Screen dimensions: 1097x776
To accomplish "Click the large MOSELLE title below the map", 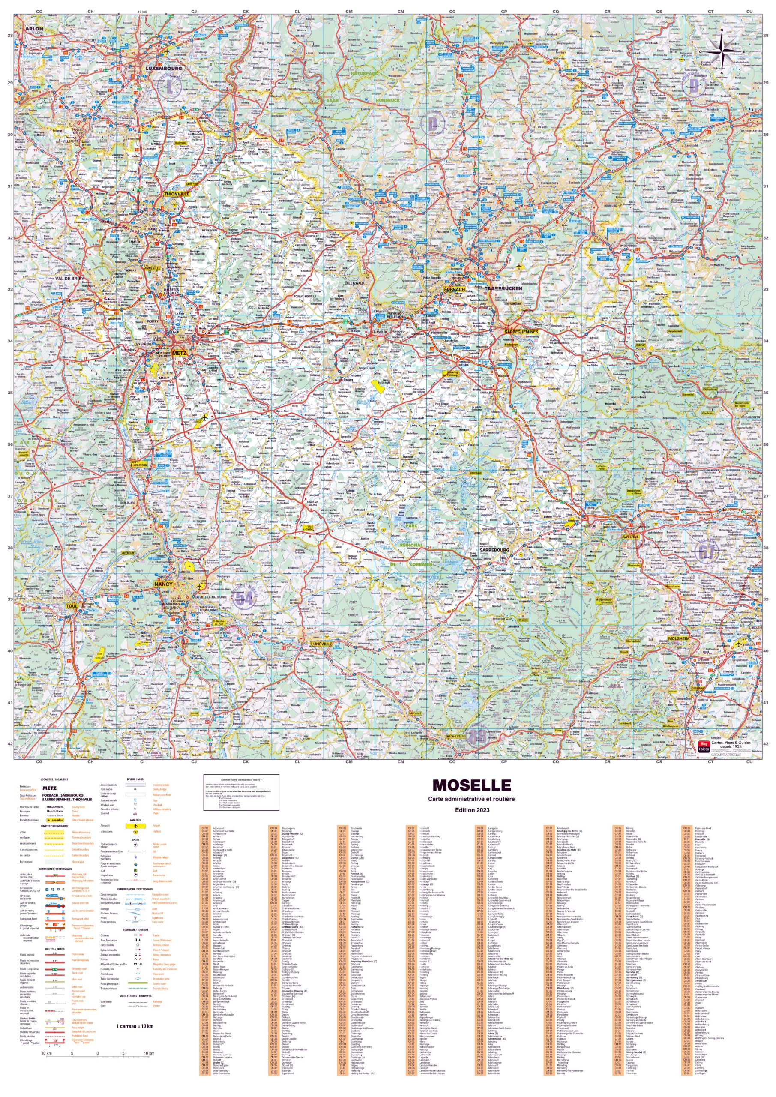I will click(472, 785).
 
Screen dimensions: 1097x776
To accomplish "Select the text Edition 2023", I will click(472, 810).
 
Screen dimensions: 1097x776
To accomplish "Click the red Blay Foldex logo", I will click(703, 747).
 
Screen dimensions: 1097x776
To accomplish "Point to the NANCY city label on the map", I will click(163, 584).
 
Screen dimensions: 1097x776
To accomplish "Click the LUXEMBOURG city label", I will click(164, 68).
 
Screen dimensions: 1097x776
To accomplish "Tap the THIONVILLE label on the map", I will click(176, 194).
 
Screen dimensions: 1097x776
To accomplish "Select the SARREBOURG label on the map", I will click(494, 550).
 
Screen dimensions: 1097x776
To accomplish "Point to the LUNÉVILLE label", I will click(321, 644).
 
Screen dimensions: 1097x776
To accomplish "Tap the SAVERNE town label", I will click(630, 536).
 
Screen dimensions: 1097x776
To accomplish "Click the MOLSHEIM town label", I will click(679, 638).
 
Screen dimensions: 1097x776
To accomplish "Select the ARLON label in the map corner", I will click(34, 29).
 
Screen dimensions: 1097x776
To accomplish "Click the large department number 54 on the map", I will click(244, 597).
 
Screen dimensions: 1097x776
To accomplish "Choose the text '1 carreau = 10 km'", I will click(135, 1026).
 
